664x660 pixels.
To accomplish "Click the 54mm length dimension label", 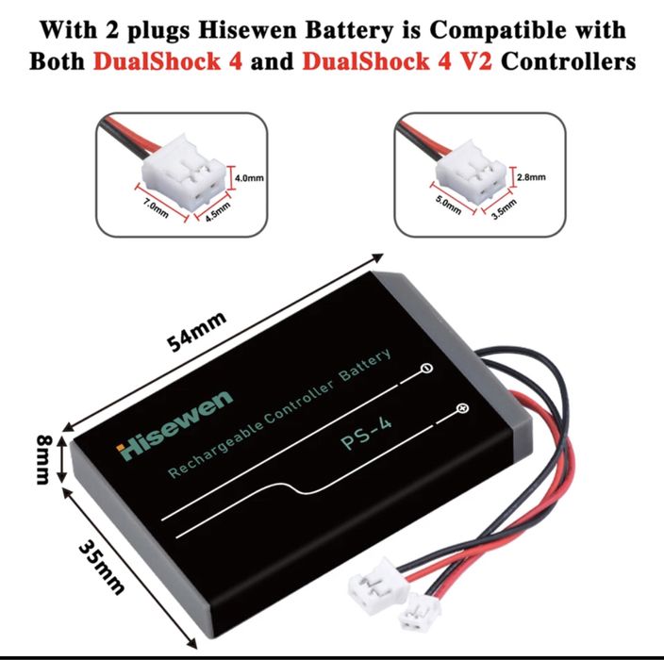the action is click(x=196, y=332).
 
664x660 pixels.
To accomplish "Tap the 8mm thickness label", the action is click(x=42, y=460).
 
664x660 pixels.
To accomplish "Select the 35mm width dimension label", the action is click(x=102, y=567).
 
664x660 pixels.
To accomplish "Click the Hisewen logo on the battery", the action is click(x=174, y=425).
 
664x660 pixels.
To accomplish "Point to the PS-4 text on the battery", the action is click(x=366, y=434).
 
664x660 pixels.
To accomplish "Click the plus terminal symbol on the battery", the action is click(x=463, y=408).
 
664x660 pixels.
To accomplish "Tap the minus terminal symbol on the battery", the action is click(x=427, y=369).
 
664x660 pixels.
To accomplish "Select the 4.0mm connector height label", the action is click(x=249, y=178).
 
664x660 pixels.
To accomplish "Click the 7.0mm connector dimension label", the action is click(x=156, y=208).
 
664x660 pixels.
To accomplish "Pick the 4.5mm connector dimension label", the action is click(x=218, y=211).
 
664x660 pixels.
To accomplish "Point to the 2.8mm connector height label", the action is click(x=531, y=177).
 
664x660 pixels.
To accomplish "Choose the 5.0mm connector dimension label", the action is click(x=449, y=205).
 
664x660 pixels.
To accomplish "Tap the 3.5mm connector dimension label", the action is click(x=504, y=209).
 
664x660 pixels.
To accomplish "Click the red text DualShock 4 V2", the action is click(x=397, y=61).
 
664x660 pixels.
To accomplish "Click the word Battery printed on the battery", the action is click(x=365, y=365).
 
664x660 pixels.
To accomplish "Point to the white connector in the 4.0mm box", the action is click(x=183, y=173).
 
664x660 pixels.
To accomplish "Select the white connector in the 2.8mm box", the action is click(x=470, y=173).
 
